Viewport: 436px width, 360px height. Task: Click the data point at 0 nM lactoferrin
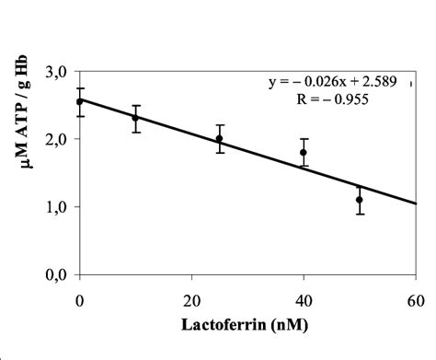tap(80, 101)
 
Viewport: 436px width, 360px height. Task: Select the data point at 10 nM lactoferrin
tap(136, 118)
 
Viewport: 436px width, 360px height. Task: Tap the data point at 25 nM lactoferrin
tap(220, 139)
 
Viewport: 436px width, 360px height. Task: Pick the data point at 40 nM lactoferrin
tap(304, 153)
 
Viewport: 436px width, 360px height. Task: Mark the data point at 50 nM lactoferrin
tap(360, 200)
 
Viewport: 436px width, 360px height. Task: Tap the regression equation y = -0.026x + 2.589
tap(334, 82)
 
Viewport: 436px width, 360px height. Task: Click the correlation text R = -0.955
tap(334, 99)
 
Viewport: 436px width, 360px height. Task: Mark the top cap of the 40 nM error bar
tap(304, 139)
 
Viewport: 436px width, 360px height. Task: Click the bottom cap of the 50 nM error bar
tap(360, 214)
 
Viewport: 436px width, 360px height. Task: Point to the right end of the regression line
tap(416, 203)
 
